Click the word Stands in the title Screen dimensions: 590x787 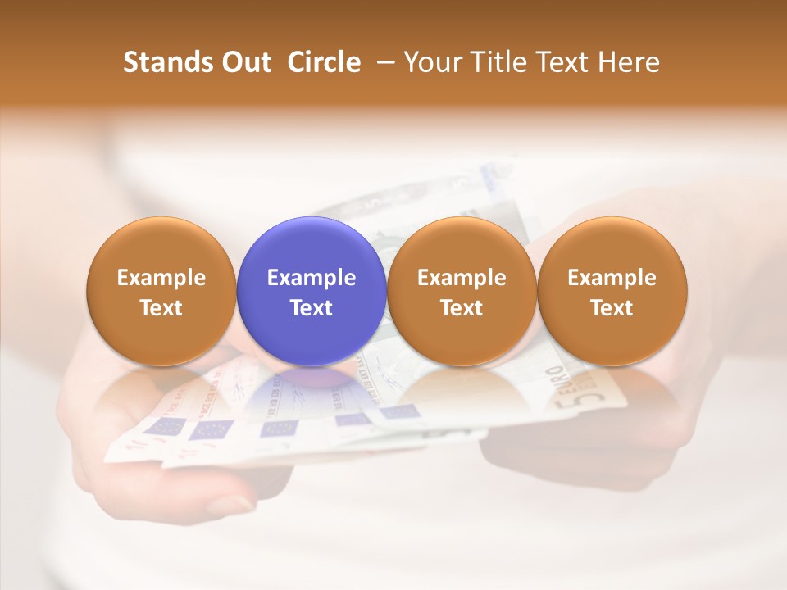click(x=162, y=62)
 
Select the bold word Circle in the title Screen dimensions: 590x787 click(x=324, y=62)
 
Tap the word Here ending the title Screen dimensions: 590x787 click(x=630, y=62)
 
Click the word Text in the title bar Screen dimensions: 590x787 click(x=564, y=62)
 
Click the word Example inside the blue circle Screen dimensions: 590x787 click(x=312, y=278)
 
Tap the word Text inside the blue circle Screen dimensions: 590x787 click(x=312, y=308)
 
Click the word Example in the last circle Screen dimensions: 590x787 click(x=612, y=278)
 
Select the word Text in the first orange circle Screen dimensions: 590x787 click(x=161, y=308)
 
